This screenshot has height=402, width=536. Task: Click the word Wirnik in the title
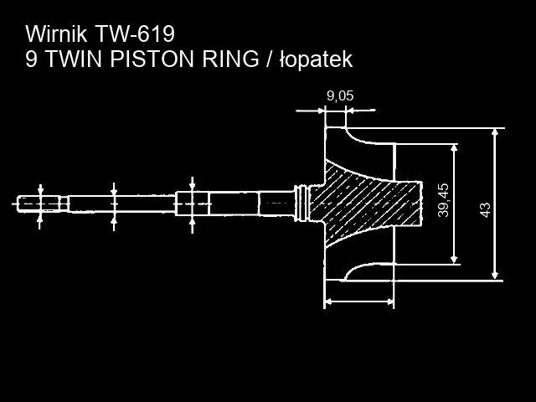click(57, 33)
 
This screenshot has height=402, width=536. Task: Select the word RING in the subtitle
click(230, 59)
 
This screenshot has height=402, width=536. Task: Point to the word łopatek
click(317, 59)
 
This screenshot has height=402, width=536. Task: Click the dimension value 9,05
click(340, 96)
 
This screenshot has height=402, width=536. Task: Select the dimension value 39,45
click(443, 200)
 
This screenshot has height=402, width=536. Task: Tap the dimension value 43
click(485, 209)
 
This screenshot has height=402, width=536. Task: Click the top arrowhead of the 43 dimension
click(495, 132)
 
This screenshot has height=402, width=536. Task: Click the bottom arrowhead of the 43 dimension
click(495, 276)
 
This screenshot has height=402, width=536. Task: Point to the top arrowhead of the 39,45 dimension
click(454, 148)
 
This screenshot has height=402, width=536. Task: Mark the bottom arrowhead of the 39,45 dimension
click(454, 260)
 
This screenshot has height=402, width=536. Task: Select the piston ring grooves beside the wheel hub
click(301, 204)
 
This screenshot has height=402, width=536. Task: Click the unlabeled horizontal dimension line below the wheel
click(359, 301)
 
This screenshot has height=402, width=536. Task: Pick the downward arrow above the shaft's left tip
click(40, 190)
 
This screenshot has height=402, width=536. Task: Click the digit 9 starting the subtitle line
click(31, 59)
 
